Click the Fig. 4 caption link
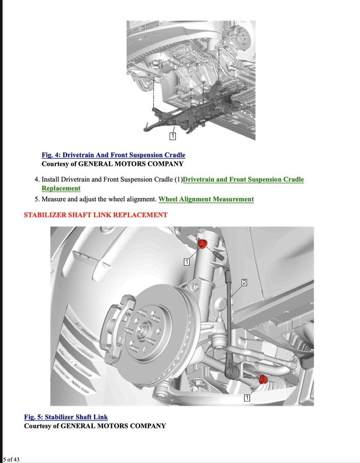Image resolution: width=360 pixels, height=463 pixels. coord(113,155)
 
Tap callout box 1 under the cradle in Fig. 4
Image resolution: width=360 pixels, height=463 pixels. coord(172,136)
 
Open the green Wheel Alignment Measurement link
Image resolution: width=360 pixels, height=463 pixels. coord(206,199)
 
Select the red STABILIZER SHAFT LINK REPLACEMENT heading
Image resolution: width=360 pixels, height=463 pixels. coord(95,215)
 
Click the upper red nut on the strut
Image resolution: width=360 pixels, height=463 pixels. coord(203,244)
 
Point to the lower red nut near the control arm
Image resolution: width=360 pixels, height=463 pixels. coord(263,380)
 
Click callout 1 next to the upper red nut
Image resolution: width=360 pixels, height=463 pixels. coord(187,261)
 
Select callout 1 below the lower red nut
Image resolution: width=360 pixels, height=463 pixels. coord(247,398)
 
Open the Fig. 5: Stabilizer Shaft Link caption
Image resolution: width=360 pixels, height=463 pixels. coord(66,417)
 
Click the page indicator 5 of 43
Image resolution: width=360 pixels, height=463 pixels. coord(11,459)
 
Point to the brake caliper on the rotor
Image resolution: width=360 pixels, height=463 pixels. coord(117,327)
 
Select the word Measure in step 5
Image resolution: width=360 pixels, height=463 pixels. coord(54,199)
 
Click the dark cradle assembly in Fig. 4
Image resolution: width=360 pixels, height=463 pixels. coord(190,111)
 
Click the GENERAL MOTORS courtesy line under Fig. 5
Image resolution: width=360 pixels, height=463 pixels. coord(95,426)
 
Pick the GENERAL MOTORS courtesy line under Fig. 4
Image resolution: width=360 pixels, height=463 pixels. coord(112,164)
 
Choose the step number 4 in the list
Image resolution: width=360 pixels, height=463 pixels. coord(36,180)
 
